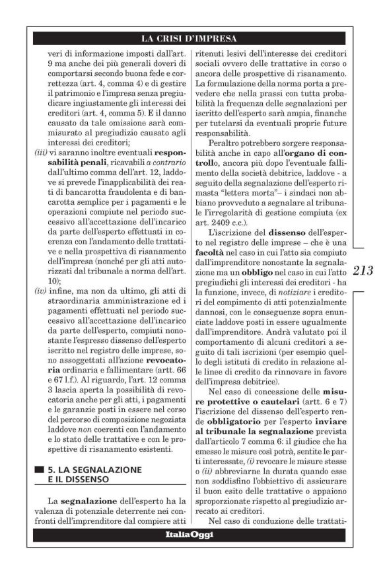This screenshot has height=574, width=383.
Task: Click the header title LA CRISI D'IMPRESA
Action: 191,38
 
